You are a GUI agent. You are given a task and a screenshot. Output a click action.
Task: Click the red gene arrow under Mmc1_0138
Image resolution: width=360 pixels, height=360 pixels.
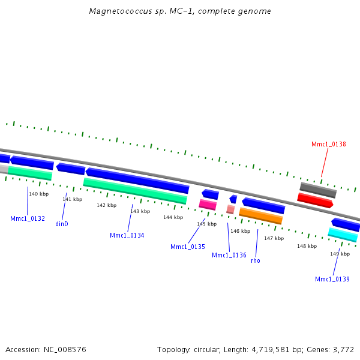pyautogui.click(x=315, y=200)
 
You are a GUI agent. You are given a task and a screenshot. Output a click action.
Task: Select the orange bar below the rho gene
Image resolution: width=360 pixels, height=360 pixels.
pyautogui.click(x=260, y=215)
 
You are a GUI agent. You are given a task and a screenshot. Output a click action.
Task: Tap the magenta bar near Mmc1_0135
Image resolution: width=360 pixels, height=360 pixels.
pyautogui.click(x=208, y=205)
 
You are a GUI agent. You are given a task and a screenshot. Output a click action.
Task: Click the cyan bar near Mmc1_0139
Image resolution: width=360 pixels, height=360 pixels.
pyautogui.click(x=343, y=235)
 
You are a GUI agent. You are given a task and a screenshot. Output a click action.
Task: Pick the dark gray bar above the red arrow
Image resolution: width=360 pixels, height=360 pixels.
pyautogui.click(x=318, y=190)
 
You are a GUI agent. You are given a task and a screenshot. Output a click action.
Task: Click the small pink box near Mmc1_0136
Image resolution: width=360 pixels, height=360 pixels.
pyautogui.click(x=230, y=209)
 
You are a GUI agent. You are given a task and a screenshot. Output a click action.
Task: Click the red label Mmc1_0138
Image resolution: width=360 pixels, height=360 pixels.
pyautogui.click(x=328, y=144)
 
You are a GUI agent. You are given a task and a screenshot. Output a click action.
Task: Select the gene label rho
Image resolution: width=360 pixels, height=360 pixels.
pyautogui.click(x=256, y=260)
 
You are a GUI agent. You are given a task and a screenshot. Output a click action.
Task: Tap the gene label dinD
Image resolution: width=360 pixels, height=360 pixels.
pyautogui.click(x=62, y=224)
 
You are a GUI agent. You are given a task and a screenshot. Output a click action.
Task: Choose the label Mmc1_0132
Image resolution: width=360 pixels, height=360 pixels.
pyautogui.click(x=28, y=218)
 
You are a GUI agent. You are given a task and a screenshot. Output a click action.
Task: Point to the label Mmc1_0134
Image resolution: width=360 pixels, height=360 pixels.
pyautogui.click(x=127, y=235)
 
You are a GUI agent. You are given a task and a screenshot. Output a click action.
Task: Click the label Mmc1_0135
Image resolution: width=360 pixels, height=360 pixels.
pyautogui.click(x=187, y=247)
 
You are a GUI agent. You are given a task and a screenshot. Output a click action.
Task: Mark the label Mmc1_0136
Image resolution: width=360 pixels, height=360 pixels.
pyautogui.click(x=229, y=255)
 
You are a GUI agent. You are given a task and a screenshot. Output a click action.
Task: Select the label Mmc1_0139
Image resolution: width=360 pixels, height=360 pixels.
pyautogui.click(x=332, y=279)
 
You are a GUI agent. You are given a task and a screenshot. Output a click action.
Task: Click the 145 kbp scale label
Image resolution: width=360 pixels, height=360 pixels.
pyautogui.click(x=206, y=224)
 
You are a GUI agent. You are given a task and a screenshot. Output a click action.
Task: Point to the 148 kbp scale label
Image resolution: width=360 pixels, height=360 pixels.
pyautogui.click(x=307, y=246)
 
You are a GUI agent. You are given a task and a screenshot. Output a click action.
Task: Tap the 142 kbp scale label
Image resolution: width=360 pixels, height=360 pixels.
pyautogui.click(x=106, y=205)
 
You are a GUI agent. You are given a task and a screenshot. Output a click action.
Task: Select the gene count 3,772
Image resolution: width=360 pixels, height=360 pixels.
pyautogui.click(x=344, y=349)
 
